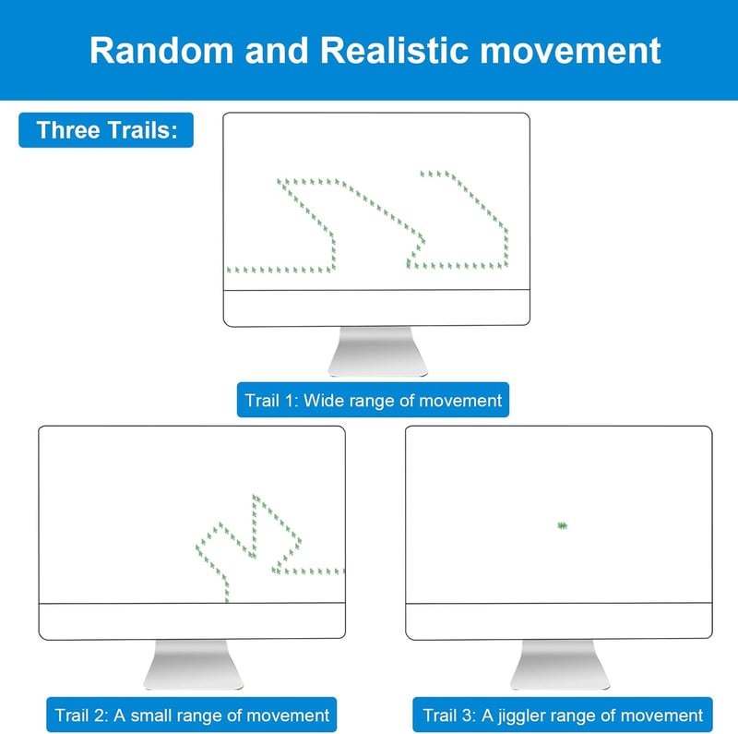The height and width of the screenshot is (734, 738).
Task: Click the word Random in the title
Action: [161, 50]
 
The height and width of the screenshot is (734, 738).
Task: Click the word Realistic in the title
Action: [394, 50]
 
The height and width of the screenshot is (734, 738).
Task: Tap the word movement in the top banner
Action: [570, 51]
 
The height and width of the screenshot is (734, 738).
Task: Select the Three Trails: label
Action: [106, 130]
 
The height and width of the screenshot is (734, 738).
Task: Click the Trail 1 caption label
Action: [373, 400]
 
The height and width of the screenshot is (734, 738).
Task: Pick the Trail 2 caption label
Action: [192, 715]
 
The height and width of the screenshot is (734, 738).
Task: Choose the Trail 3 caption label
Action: [563, 715]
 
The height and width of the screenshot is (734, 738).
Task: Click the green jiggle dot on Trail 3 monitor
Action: [562, 525]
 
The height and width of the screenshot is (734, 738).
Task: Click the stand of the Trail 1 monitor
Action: [377, 351]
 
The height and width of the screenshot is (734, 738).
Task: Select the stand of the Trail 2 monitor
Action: [193, 664]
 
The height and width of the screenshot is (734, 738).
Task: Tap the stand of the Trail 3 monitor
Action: [560, 664]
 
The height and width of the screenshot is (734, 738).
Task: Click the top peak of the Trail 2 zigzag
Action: [255, 497]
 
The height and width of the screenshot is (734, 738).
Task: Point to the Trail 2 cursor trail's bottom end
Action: [227, 599]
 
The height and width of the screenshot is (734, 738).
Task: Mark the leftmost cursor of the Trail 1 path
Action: [229, 270]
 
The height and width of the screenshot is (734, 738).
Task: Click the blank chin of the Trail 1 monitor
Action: [376, 307]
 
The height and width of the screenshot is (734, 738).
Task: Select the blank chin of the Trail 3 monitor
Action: [559, 621]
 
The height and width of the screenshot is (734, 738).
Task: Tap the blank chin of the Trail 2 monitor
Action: [192, 621]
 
